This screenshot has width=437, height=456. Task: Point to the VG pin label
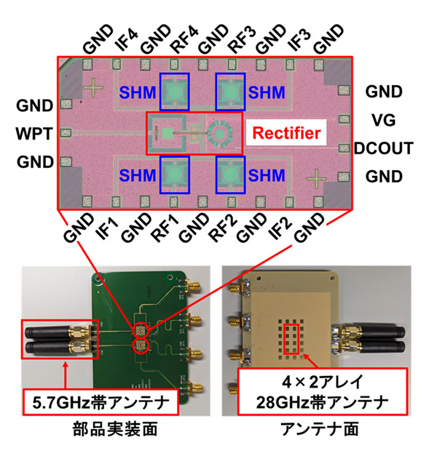[383, 120]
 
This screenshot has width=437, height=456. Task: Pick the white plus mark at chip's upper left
[94, 87]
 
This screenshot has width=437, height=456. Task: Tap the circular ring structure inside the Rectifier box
[217, 133]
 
